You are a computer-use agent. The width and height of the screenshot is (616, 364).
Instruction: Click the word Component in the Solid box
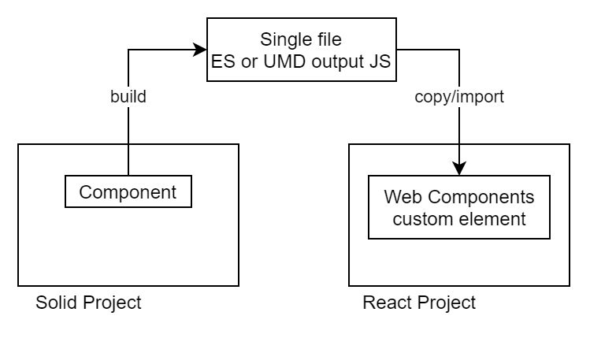(128, 191)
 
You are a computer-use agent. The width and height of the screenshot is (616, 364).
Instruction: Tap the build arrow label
(128, 98)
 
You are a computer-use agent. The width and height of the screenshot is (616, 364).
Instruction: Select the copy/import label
(459, 98)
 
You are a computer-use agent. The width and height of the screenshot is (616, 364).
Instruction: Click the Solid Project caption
(88, 303)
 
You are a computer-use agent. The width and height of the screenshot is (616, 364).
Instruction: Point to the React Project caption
(419, 303)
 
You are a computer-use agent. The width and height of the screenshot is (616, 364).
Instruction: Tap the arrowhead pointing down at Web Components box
(459, 169)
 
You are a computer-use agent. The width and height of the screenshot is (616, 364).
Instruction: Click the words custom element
(459, 218)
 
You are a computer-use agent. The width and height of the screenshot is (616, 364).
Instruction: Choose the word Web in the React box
(402, 197)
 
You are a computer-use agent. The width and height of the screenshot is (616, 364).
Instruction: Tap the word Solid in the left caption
(55, 303)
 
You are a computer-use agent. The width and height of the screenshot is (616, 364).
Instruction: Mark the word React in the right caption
(384, 303)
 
